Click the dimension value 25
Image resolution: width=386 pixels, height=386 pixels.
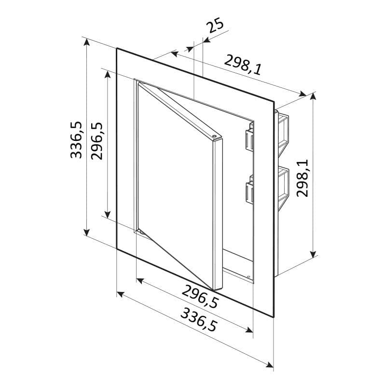215,25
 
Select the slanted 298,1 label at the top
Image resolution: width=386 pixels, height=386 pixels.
243,65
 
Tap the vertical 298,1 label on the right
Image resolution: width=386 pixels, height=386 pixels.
303,178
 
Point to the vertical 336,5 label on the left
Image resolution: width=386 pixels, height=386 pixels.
76,139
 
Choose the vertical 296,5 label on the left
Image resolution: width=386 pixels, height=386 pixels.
96,141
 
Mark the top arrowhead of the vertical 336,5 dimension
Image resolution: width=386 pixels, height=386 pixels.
86,42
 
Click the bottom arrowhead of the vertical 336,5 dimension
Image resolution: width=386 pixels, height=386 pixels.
86,232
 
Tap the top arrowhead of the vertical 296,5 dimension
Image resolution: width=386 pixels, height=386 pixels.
108,74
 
